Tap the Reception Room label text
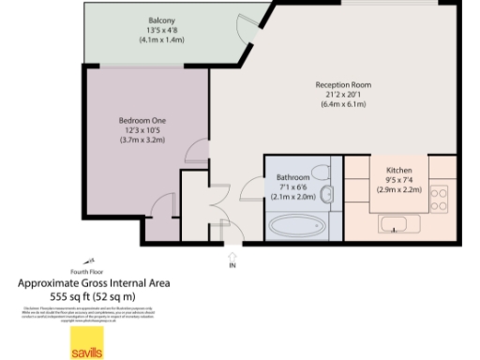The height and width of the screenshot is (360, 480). (343, 85)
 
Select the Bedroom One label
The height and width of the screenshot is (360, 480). (142, 120)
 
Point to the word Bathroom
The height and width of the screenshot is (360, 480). (293, 177)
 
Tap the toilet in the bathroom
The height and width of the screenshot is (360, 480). (325, 196)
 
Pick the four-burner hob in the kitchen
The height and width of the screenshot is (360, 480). (439, 198)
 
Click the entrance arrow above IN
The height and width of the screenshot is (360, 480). (232, 253)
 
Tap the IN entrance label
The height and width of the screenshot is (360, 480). (232, 265)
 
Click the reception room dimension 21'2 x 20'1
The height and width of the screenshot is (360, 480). (343, 95)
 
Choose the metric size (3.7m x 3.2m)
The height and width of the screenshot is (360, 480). (142, 140)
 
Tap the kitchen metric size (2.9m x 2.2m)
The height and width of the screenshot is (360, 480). (399, 189)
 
